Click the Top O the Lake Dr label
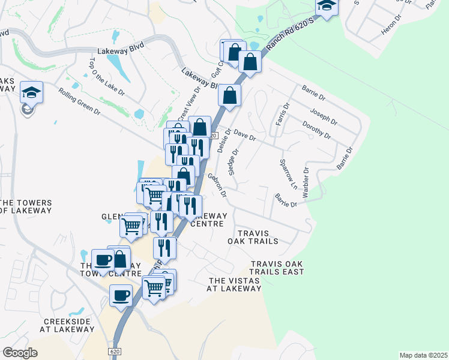[99, 78]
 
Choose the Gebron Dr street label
[217, 185]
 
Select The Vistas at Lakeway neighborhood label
[235, 284]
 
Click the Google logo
[20, 353]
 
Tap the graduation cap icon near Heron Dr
[327, 6]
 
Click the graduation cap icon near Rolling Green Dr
[31, 92]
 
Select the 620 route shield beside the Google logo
[115, 350]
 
